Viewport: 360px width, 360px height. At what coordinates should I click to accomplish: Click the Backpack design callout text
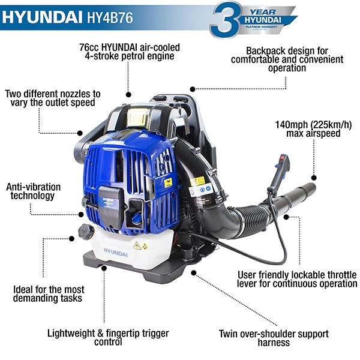coord(287,60)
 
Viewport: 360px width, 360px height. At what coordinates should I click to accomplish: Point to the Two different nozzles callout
coord(52,98)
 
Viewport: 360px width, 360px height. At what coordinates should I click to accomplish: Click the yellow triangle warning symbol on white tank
coord(137,245)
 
